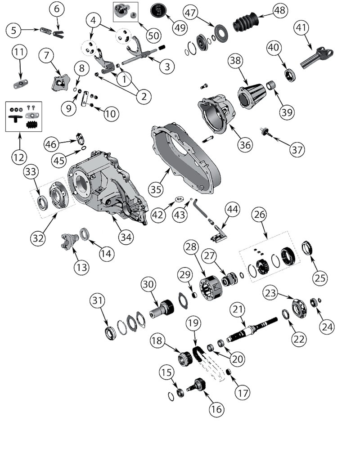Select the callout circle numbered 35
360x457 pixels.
156,189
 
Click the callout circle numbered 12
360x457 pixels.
19,157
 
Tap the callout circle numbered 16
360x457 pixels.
216,409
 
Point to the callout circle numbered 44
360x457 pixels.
234,210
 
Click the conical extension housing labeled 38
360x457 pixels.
250,93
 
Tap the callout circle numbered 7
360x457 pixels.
46,57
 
